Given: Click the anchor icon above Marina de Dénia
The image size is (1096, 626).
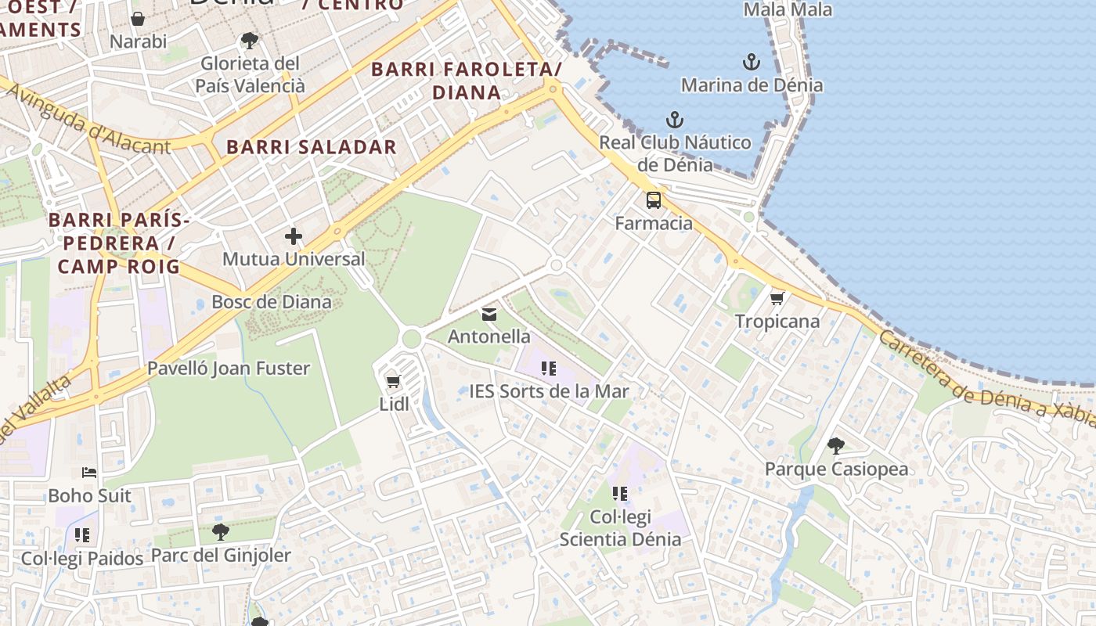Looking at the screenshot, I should [x=751, y=61].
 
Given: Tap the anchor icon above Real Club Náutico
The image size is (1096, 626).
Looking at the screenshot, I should [x=674, y=120].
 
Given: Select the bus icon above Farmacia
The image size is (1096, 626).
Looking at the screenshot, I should [x=654, y=200].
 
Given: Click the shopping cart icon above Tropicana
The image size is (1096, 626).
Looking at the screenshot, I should [x=777, y=298].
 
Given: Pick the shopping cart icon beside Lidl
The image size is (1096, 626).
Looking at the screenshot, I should [x=393, y=382].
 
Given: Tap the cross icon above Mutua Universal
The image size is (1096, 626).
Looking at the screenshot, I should [x=294, y=236].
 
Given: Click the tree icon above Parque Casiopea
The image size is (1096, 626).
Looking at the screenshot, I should [x=836, y=446].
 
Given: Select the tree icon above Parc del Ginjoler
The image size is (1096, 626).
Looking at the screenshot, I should [x=221, y=532].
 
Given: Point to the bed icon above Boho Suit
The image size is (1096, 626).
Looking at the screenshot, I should [x=90, y=473].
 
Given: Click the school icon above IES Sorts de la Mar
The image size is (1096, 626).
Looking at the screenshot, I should [x=549, y=368].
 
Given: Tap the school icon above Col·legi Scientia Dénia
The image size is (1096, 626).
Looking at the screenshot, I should [x=620, y=493].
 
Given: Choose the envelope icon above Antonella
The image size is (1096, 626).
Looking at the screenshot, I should [x=489, y=315].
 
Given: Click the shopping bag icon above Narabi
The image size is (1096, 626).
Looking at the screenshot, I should [x=139, y=19].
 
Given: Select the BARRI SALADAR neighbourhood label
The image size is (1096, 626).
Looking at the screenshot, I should [x=312, y=147].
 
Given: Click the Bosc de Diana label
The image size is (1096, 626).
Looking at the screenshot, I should [x=272, y=302].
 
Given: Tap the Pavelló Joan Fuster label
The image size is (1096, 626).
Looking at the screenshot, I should [x=229, y=368].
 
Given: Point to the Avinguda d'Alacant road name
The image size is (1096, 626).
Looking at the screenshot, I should [x=88, y=120].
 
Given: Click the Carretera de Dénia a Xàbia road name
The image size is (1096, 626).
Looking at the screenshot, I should [x=986, y=381].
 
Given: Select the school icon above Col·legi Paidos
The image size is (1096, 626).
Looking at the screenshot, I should [x=82, y=535].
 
